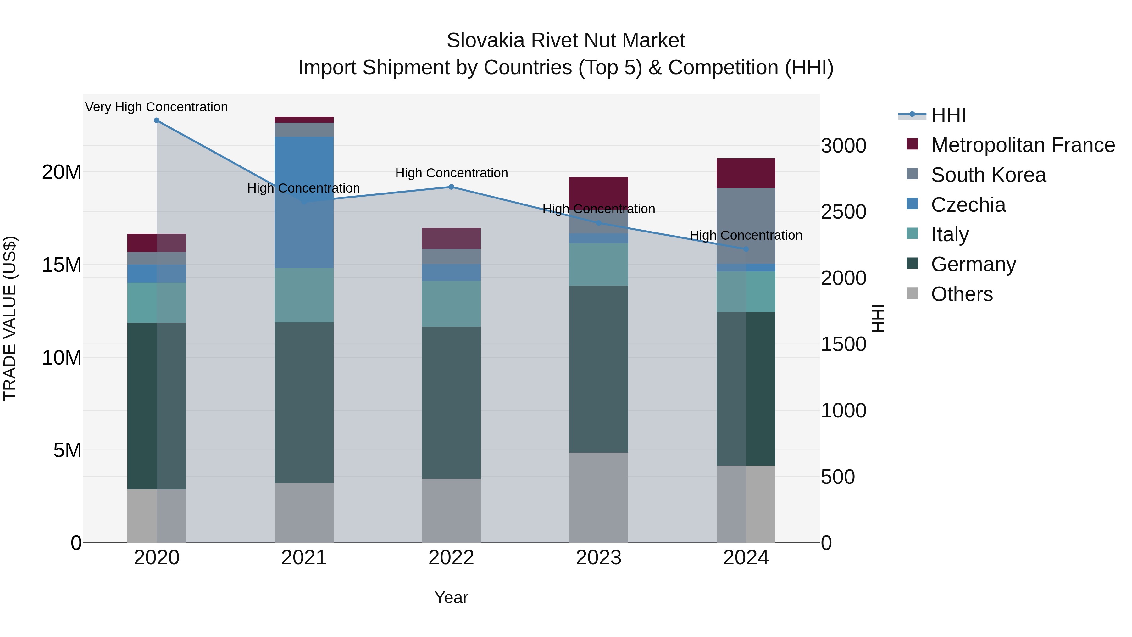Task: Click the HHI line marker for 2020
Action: (x=157, y=120)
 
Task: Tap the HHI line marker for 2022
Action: (x=451, y=187)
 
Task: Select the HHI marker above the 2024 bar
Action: (x=746, y=249)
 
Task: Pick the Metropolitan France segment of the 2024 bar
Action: (x=746, y=173)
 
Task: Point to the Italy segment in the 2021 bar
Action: (x=304, y=295)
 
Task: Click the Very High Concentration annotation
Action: (x=157, y=107)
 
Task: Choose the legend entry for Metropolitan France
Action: (x=1023, y=145)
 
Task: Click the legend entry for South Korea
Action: (x=988, y=175)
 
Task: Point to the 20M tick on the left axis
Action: (x=62, y=172)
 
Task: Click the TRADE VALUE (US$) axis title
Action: (x=10, y=318)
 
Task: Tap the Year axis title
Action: (x=451, y=597)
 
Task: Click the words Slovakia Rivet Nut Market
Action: (x=566, y=41)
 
